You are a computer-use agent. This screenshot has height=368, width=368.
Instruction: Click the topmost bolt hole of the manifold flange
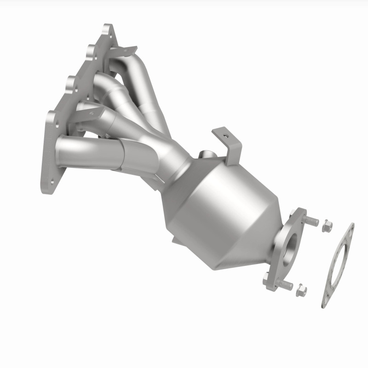(107, 31)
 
